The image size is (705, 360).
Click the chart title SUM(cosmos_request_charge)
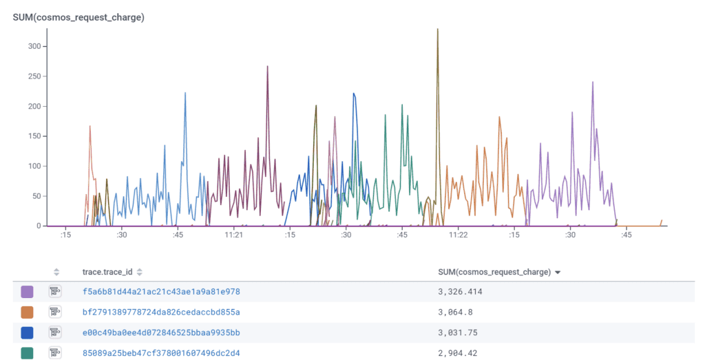click(78, 17)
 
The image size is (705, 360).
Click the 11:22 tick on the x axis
click(459, 235)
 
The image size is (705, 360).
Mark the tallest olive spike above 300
click(437, 30)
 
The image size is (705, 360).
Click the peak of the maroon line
click(267, 67)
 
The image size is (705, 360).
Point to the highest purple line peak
click(592, 83)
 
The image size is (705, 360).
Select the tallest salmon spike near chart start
click(90, 126)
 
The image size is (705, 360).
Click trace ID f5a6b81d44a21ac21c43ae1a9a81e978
click(161, 292)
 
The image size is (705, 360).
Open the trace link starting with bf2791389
click(161, 312)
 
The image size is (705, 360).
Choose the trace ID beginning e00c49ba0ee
click(161, 332)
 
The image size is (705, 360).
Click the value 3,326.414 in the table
click(460, 292)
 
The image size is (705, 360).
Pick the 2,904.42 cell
click(457, 353)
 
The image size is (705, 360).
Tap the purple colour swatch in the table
click(28, 292)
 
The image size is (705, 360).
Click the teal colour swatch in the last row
click(28, 353)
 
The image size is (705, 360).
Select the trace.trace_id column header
click(107, 272)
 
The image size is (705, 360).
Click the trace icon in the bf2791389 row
click(56, 312)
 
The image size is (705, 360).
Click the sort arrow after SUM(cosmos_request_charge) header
click(558, 273)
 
